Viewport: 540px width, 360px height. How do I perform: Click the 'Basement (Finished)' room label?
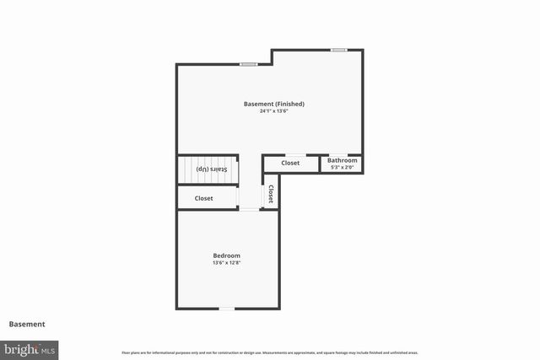click(273, 104)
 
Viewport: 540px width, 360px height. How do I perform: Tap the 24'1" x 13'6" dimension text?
click(273, 111)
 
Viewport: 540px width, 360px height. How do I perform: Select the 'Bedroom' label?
click(226, 255)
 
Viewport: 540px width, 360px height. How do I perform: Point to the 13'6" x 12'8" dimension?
click(226, 263)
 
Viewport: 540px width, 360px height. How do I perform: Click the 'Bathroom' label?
click(342, 160)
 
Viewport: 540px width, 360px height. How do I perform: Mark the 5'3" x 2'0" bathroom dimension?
click(342, 167)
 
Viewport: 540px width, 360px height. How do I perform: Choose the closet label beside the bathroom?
click(290, 163)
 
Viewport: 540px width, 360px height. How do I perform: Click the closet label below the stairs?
click(203, 198)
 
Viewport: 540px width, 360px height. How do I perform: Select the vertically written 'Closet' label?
click(270, 195)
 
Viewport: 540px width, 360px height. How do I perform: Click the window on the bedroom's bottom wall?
click(226, 309)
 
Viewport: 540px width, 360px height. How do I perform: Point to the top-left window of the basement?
click(248, 64)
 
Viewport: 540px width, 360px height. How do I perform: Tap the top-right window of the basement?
click(338, 50)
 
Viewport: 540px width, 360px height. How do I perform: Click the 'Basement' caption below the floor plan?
click(27, 324)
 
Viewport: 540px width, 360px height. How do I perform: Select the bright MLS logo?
click(30, 348)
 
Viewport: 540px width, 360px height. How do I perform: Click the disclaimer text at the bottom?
click(270, 352)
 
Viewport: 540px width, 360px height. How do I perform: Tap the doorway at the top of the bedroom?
click(249, 209)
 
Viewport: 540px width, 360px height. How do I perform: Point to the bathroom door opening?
click(335, 154)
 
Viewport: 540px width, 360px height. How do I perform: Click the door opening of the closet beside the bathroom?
click(294, 154)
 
